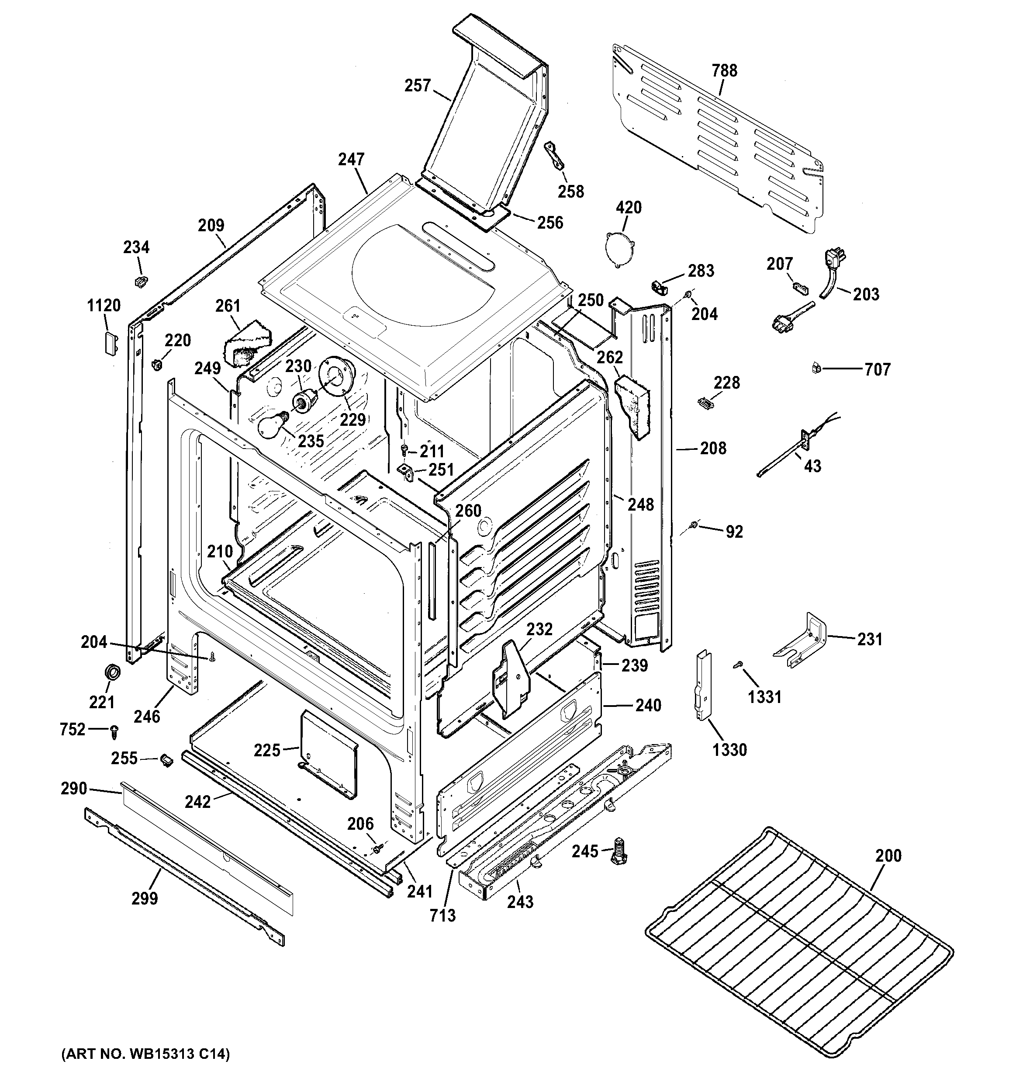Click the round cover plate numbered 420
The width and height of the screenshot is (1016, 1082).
click(619, 249)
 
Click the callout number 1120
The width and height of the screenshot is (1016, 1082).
click(104, 306)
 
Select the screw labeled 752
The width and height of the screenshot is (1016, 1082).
click(115, 731)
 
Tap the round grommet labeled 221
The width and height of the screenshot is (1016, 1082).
click(112, 672)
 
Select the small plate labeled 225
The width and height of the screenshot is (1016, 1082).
click(329, 754)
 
